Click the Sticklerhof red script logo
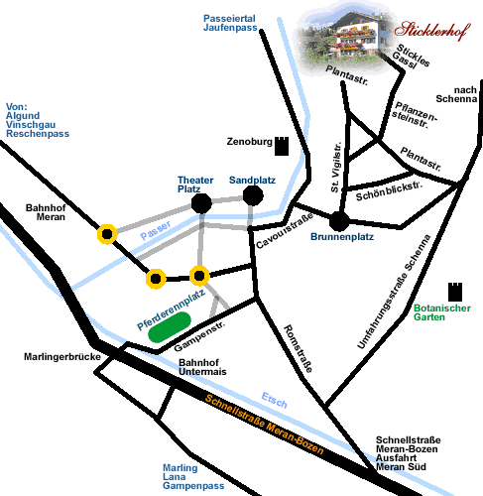[432, 31]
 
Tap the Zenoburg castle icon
[282, 146]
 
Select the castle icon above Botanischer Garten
[455, 292]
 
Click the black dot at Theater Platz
[201, 203]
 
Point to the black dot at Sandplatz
[253, 195]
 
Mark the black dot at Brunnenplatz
[339, 221]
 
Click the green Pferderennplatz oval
[170, 326]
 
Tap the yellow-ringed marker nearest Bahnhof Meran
[107, 234]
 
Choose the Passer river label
[156, 230]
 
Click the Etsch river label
[274, 400]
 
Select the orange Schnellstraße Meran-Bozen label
[264, 425]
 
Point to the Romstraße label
[299, 348]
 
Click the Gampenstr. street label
[199, 335]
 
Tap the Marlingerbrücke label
[62, 357]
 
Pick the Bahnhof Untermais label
[202, 367]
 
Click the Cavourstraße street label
[285, 230]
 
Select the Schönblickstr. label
[389, 191]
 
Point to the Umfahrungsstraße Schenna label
[394, 292]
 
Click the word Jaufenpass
[230, 28]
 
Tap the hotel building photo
[345, 38]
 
